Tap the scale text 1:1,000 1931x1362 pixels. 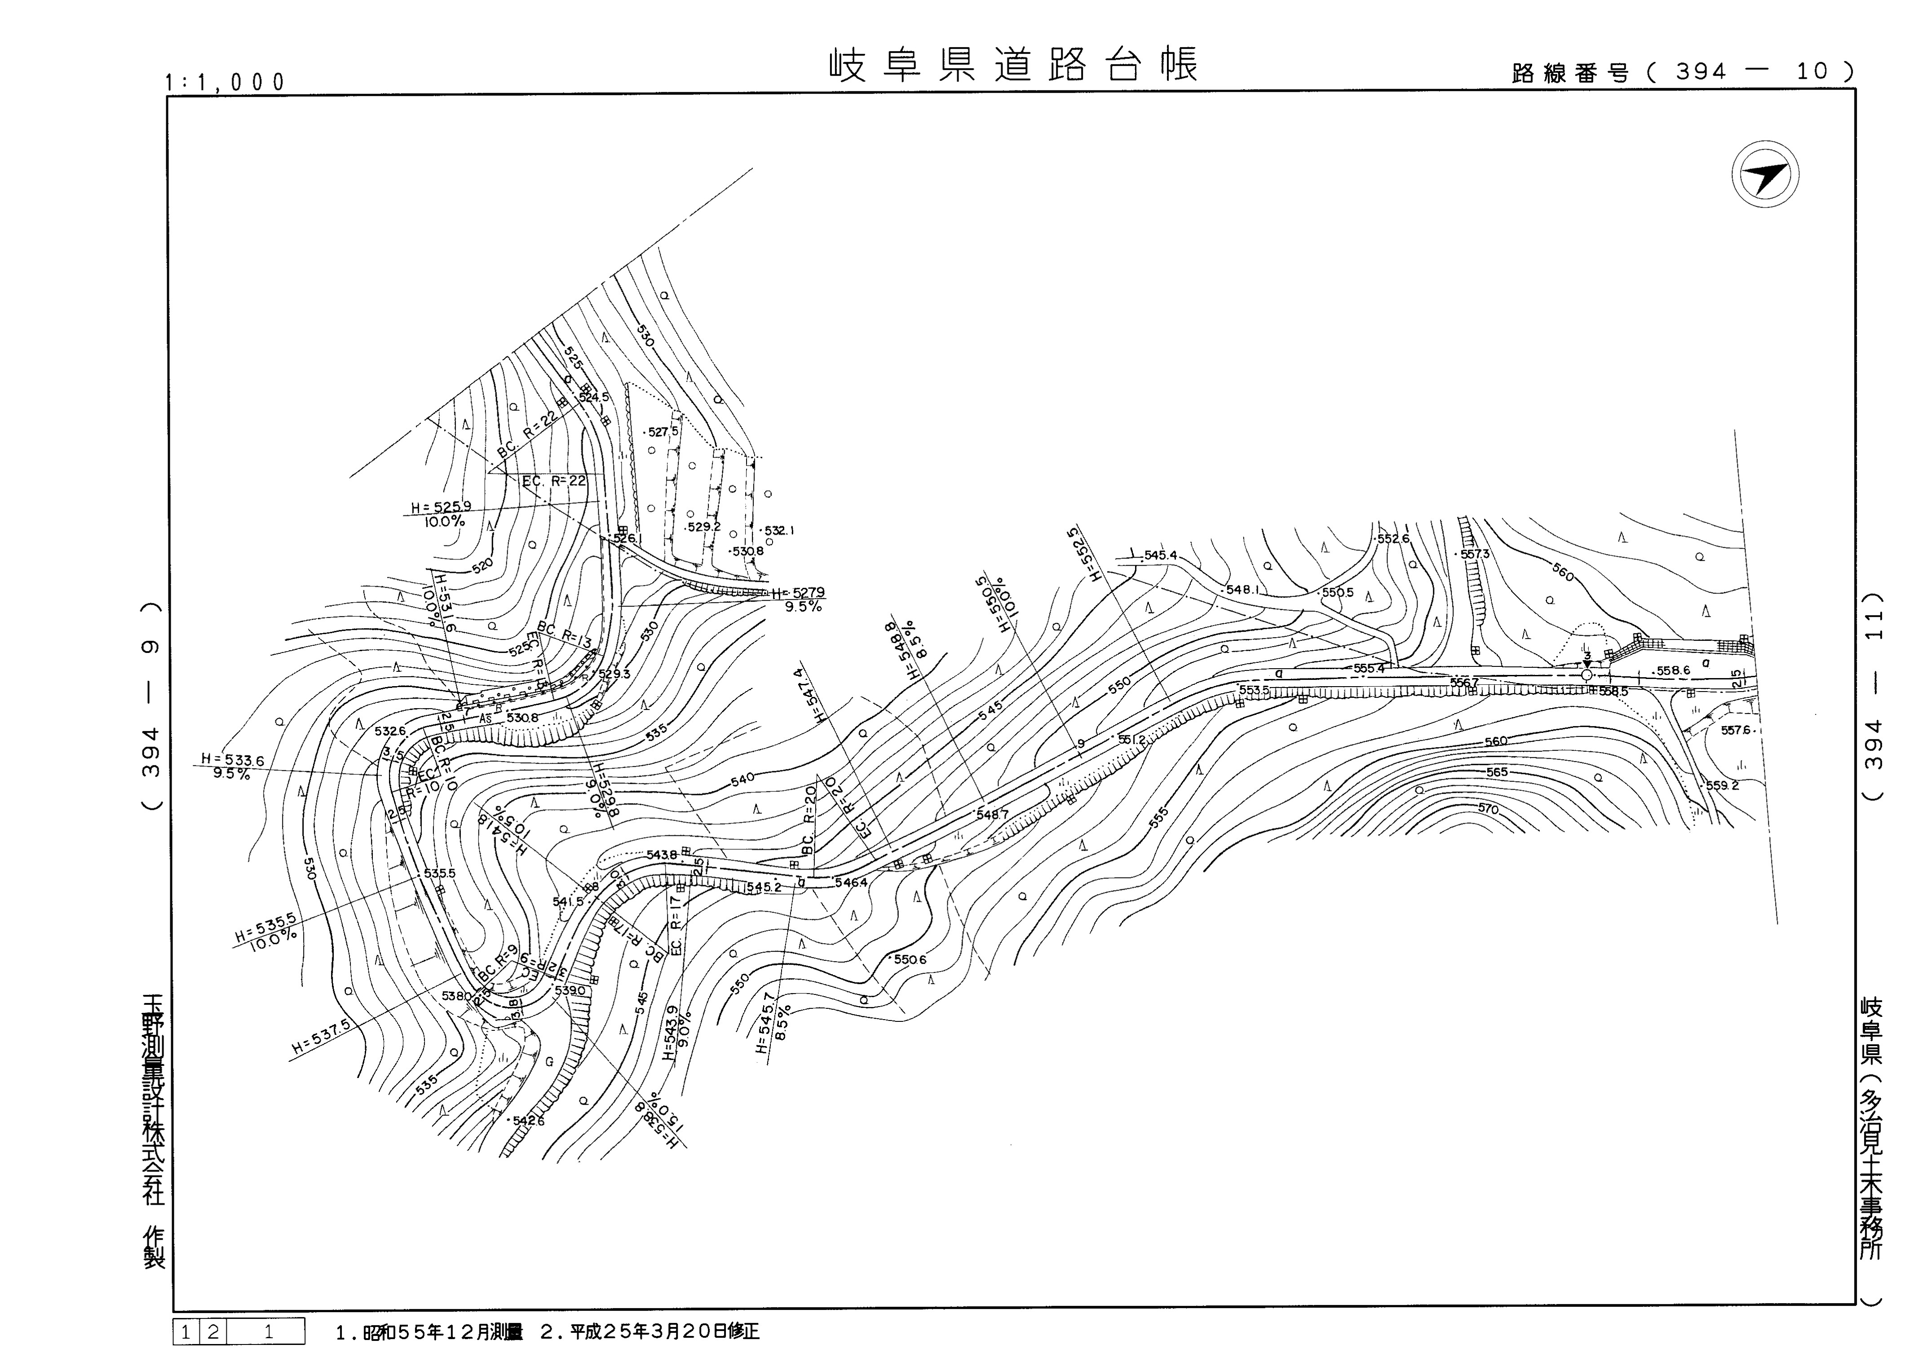click(x=225, y=82)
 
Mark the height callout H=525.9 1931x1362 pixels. click(x=441, y=507)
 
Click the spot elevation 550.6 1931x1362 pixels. click(x=910, y=959)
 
